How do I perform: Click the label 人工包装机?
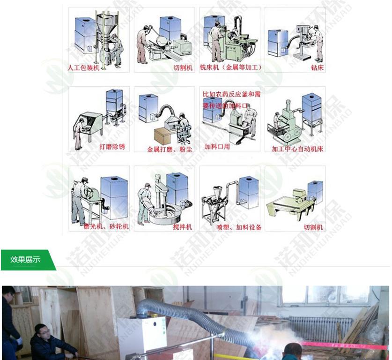tap(84, 67)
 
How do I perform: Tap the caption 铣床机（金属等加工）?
tap(230, 67)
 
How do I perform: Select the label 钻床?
tap(317, 67)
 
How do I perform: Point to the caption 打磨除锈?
tap(112, 147)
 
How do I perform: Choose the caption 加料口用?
tap(217, 147)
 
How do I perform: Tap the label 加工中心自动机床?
tap(297, 149)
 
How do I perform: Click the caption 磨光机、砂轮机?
tap(106, 227)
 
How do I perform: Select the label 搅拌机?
tap(182, 227)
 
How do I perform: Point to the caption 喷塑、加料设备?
tap(239, 227)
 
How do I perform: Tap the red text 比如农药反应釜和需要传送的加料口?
tap(231, 100)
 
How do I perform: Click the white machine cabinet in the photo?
tap(141, 335)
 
